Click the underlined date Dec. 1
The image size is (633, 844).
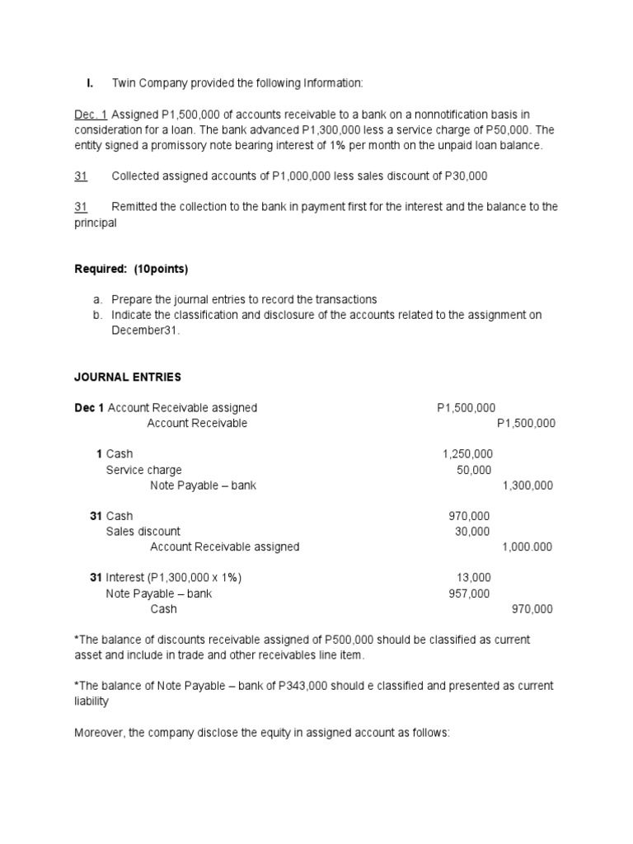click(91, 115)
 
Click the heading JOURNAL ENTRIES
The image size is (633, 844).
click(128, 377)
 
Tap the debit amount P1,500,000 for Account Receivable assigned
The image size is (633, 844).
click(467, 408)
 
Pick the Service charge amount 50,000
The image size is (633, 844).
click(474, 470)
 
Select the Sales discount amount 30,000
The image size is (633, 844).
click(472, 532)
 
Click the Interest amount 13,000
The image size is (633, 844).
click(474, 578)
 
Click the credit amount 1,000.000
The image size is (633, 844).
click(527, 547)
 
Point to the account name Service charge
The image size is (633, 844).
click(143, 470)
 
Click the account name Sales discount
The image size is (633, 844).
click(143, 532)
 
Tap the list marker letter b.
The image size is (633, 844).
click(96, 316)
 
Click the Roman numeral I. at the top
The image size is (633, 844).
click(90, 83)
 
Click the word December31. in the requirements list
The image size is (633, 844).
click(145, 331)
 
